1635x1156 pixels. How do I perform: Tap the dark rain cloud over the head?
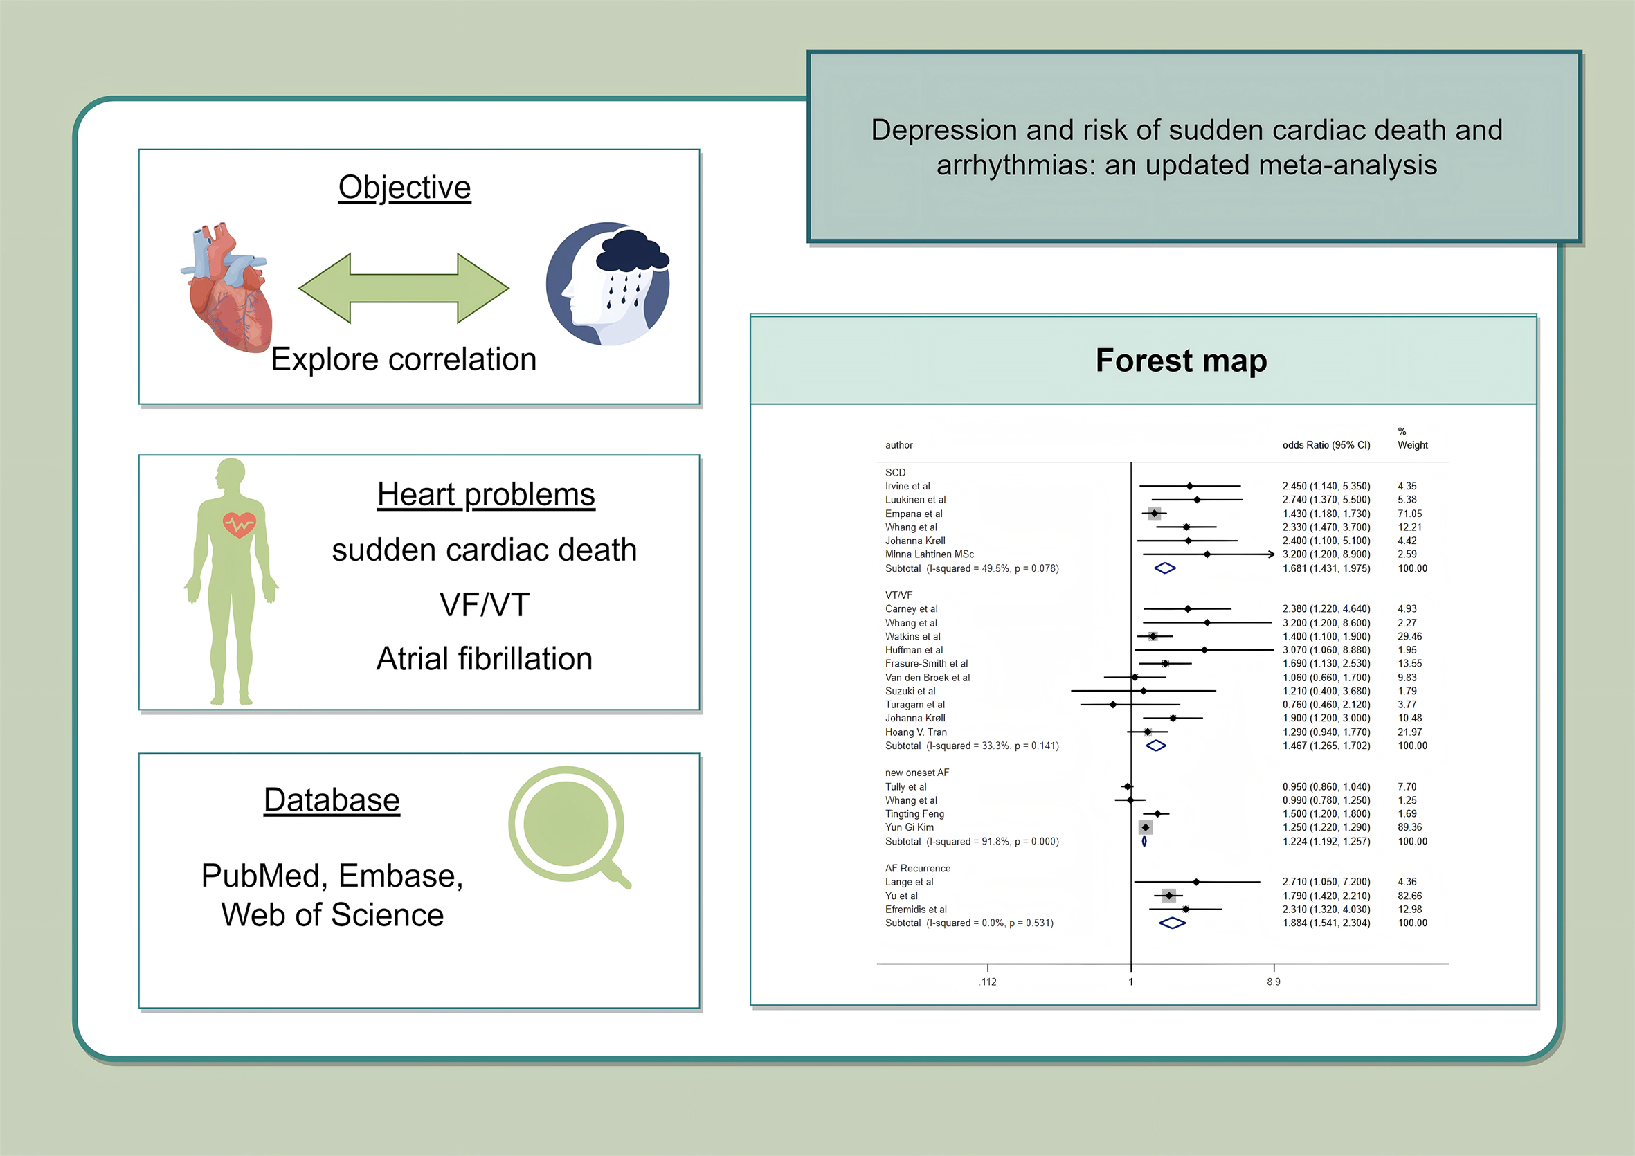click(x=631, y=253)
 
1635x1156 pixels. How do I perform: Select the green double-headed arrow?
click(x=404, y=289)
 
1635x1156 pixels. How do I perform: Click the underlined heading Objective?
click(x=404, y=188)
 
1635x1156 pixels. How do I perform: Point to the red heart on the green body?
click(x=239, y=525)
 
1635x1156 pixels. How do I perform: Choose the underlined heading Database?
click(x=332, y=800)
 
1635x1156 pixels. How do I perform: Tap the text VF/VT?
click(x=485, y=605)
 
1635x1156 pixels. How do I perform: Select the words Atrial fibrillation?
click(x=485, y=659)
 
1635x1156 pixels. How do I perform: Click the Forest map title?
click(x=1181, y=361)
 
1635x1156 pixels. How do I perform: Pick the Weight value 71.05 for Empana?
click(x=1409, y=514)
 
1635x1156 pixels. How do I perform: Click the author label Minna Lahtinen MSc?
click(x=930, y=554)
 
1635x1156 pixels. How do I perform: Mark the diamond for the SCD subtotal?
click(x=1164, y=568)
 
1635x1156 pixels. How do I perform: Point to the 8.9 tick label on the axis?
click(x=1273, y=982)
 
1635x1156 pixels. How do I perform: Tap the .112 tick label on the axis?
click(x=988, y=982)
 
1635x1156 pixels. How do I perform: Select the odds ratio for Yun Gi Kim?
click(x=1326, y=827)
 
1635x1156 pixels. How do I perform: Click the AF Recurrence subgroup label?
click(x=917, y=868)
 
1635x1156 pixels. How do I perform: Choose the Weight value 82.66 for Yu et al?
click(x=1409, y=896)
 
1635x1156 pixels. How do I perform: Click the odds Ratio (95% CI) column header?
click(x=1326, y=445)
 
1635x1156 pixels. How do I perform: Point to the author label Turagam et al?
click(x=915, y=705)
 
